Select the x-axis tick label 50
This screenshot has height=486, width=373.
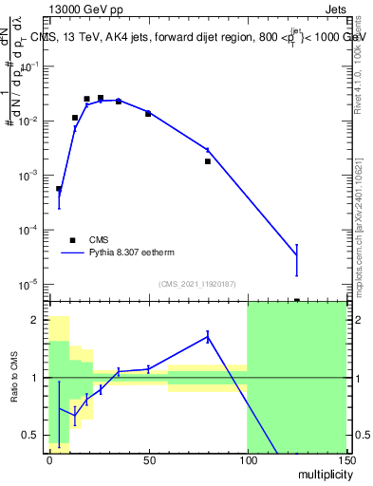[148, 460]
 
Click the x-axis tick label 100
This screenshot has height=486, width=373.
[247, 460]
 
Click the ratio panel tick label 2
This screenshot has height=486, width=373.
[37, 320]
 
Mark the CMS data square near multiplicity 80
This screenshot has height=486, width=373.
[208, 161]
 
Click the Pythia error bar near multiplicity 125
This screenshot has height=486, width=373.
[296, 259]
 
